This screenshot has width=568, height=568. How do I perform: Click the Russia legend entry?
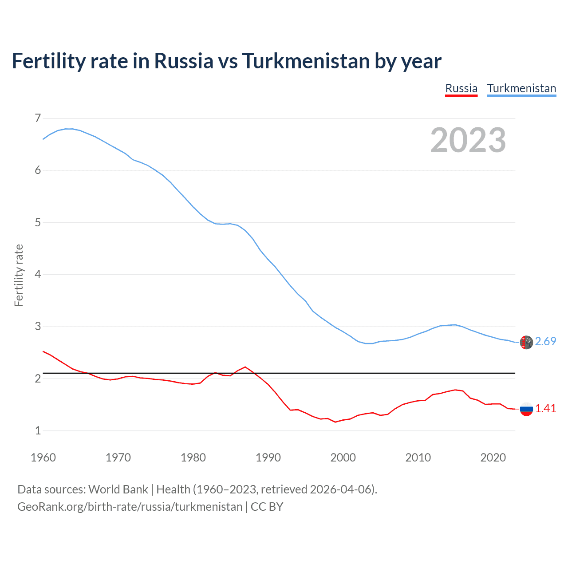point(461,88)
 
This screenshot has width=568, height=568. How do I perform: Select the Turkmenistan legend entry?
point(521,88)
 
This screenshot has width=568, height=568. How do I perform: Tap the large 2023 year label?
point(468,140)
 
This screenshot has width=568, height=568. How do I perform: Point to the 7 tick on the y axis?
point(38,118)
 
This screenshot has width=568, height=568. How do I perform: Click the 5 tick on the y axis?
point(38,222)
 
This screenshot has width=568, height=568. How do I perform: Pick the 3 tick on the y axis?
point(38,327)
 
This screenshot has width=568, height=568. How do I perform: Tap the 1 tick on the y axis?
point(38,430)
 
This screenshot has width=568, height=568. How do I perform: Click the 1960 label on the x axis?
point(43,458)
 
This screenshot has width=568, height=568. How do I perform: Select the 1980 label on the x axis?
point(193,458)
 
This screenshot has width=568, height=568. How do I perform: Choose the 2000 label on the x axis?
point(343,458)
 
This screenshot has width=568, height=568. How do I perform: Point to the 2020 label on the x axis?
point(493,458)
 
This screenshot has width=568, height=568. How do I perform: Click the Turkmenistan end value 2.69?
point(545,341)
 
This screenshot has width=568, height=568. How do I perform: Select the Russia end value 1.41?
point(545,409)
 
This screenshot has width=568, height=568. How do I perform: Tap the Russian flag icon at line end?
point(526,409)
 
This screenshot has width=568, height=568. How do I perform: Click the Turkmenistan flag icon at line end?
point(526,342)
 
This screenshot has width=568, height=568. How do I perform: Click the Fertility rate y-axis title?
point(19,275)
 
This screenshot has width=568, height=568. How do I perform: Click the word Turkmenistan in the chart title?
point(306,61)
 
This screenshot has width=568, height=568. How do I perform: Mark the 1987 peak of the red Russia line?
point(245,367)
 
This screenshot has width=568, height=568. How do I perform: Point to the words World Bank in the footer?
point(118,489)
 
